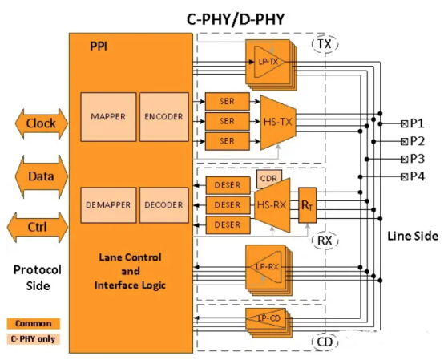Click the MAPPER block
coord(109,117)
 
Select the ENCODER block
coord(163,117)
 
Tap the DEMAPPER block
coord(109,206)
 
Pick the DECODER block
coord(163,206)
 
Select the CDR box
coord(267,176)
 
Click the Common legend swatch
coord(33,323)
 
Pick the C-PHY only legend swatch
coord(33,338)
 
